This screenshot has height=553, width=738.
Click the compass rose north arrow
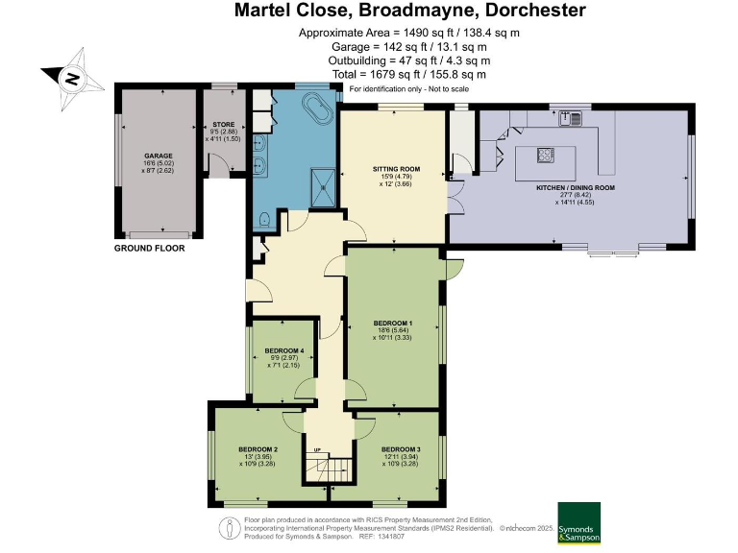coord(69,78)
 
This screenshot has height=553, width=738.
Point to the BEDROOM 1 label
coord(392,323)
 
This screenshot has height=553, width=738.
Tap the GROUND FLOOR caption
coord(149,248)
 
